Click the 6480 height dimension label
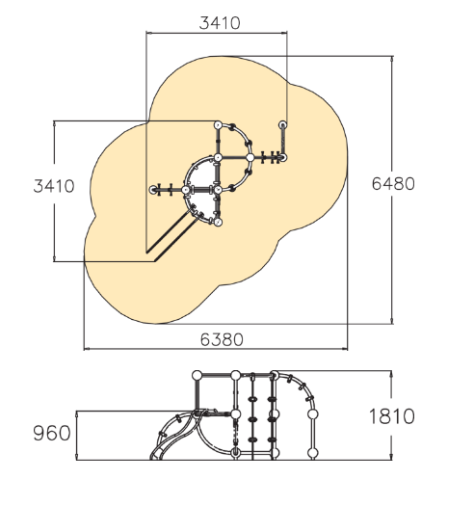click(x=393, y=184)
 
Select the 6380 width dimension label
click(x=222, y=339)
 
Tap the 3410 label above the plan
click(x=220, y=23)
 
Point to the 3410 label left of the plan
click(x=54, y=186)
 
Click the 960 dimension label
click(x=52, y=433)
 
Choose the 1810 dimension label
click(x=391, y=416)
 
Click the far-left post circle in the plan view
click(x=153, y=190)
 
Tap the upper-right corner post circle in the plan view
click(x=282, y=124)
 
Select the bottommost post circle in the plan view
click(x=218, y=222)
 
